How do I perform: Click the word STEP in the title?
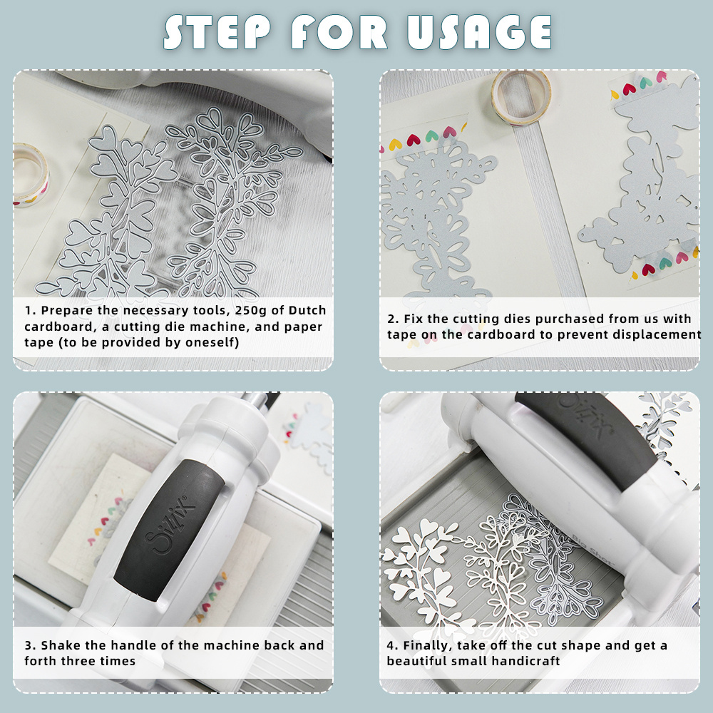pos(217,32)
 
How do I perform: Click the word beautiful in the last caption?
pos(415,661)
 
